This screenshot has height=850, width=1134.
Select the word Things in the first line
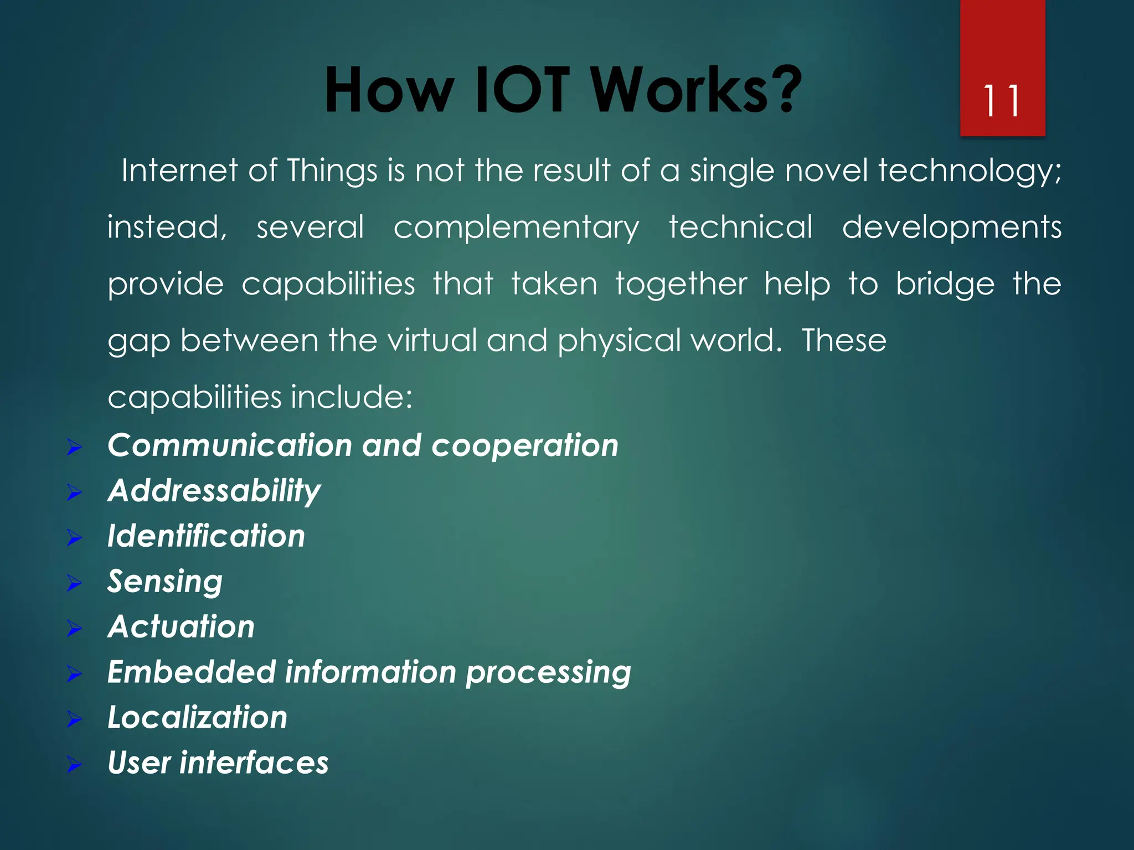pos(332,170)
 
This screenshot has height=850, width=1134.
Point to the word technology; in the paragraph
pos(970,172)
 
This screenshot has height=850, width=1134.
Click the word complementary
pos(516,228)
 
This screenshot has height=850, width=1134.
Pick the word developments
pos(951,228)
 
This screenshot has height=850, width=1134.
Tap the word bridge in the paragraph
pos(945,284)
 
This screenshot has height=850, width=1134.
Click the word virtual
pos(431,340)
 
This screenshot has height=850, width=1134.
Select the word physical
pos(618,341)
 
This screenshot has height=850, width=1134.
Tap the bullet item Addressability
pos(214,491)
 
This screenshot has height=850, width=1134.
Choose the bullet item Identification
pos(206,536)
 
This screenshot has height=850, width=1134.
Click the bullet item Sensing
pos(165,582)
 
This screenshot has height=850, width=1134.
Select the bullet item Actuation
pos(181,627)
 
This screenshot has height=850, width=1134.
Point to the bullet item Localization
pos(197,718)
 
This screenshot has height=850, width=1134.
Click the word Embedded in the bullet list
pos(191,672)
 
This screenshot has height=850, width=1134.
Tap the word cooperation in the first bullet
pos(524,445)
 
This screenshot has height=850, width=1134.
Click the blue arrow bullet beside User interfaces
pos(74,765)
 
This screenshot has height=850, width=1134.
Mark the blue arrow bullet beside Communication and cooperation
pos(74,447)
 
